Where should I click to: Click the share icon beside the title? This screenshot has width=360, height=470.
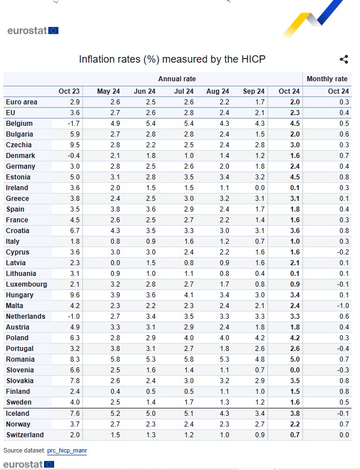344,59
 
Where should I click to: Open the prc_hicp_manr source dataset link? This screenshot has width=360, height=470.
67,450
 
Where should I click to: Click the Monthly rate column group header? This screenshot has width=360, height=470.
327,79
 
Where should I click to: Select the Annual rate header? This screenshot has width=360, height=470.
177,79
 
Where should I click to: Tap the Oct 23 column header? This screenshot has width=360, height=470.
69,91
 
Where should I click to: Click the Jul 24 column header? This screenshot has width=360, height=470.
184,91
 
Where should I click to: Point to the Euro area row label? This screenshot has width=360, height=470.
21,102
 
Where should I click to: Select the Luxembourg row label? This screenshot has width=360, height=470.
27,284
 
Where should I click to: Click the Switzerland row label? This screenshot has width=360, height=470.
25,434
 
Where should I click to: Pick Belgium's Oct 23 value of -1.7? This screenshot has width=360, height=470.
73,124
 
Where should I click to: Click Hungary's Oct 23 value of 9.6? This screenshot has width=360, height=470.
75,295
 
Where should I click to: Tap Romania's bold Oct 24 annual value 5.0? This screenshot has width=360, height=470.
295,359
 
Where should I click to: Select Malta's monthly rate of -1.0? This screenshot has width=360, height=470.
343,306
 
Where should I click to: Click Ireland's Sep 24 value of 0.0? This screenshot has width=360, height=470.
260,188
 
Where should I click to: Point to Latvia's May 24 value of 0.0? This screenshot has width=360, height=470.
115,263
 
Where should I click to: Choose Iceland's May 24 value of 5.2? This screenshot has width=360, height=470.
115,414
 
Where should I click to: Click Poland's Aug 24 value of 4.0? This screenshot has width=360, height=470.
224,338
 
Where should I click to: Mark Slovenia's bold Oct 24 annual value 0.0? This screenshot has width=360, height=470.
295,370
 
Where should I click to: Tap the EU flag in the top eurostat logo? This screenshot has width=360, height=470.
54,30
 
